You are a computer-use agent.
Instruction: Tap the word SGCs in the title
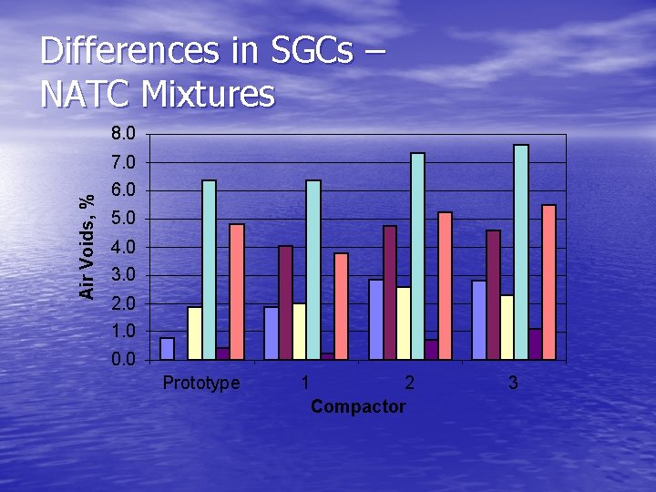(313, 52)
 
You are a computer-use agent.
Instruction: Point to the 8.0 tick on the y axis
(123, 134)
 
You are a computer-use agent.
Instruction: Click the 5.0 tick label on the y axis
(123, 219)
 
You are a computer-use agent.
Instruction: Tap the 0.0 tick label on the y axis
(123, 359)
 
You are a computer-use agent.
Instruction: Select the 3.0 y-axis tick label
(123, 275)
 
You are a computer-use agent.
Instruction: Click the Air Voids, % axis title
(87, 246)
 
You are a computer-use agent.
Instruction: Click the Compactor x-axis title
(358, 406)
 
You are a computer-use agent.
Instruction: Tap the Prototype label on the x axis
(201, 384)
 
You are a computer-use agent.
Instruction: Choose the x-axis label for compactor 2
(410, 384)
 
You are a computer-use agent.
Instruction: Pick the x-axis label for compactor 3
(514, 384)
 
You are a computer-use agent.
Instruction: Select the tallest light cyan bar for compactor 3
(521, 251)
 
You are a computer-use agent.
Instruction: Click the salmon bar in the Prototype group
(237, 292)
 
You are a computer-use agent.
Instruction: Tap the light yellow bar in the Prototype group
(195, 333)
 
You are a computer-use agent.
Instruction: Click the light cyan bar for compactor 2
(417, 255)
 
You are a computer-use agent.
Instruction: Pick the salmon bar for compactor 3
(548, 282)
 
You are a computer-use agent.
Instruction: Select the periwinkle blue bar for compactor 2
(375, 319)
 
